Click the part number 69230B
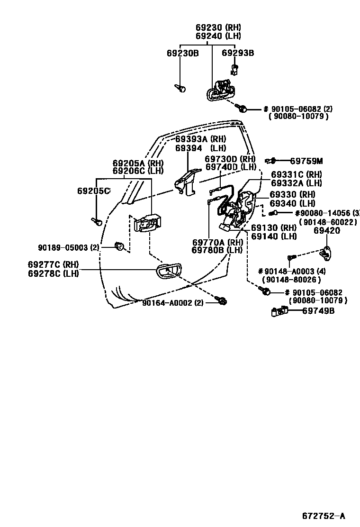pyautogui.click(x=182, y=53)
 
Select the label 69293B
pyautogui.click(x=238, y=53)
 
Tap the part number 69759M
pyautogui.click(x=306, y=161)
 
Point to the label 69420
pyautogui.click(x=327, y=231)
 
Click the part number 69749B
pyautogui.click(x=318, y=311)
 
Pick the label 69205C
pyautogui.click(x=93, y=191)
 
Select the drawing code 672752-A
pyautogui.click(x=324, y=516)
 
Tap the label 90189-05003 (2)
pyautogui.click(x=69, y=247)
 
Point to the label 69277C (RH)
pyautogui.click(x=53, y=264)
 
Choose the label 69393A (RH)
pyautogui.click(x=200, y=139)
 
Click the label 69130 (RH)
pyautogui.click(x=273, y=228)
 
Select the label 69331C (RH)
pyautogui.click(x=296, y=174)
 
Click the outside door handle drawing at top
pyautogui.click(x=220, y=91)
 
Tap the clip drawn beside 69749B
pyautogui.click(x=279, y=311)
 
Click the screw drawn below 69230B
pyautogui.click(x=180, y=88)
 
